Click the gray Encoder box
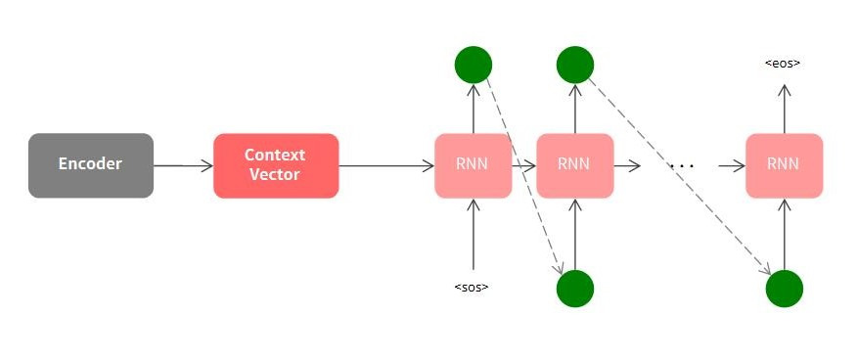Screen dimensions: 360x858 [90, 165]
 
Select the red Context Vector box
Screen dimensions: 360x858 [276, 165]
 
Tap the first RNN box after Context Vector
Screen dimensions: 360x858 [474, 165]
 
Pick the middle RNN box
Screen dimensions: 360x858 [575, 165]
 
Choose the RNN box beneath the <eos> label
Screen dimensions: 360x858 [784, 165]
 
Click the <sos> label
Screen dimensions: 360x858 [472, 287]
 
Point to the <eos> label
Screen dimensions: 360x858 [783, 64]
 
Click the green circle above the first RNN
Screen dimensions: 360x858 [474, 65]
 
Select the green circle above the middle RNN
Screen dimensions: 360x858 [575, 65]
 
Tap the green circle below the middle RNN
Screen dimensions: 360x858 [575, 289]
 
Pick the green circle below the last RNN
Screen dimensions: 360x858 [784, 289]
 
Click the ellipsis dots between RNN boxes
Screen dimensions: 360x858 [681, 167]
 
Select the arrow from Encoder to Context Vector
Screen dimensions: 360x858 [183, 165]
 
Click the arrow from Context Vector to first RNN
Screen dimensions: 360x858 [386, 165]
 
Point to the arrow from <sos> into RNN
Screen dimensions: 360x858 [474, 235]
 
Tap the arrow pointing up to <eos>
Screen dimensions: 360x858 [784, 109]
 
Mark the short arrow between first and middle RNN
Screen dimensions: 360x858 [524, 165]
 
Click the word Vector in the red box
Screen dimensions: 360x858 [275, 174]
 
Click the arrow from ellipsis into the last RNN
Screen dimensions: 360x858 [731, 165]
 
